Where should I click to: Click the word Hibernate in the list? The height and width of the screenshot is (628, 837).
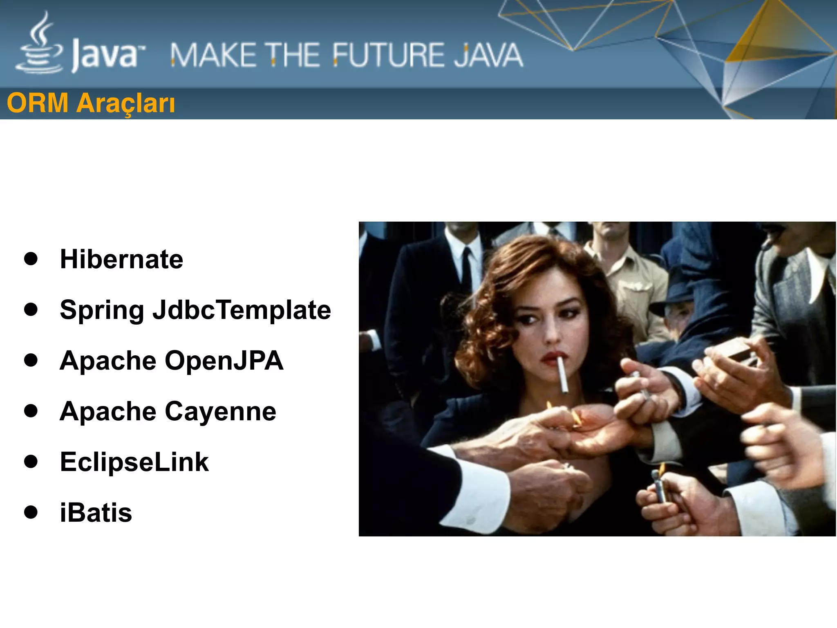121,259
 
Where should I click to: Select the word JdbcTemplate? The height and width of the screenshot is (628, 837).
242,310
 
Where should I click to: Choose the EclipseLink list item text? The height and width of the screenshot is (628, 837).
134,462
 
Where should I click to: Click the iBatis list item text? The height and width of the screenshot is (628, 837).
96,513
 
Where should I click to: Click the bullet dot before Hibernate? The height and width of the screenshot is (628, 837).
31,259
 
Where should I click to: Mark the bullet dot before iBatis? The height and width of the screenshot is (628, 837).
31,512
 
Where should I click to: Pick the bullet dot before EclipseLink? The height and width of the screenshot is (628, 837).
31,462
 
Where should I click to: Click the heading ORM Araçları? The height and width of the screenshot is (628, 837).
91,103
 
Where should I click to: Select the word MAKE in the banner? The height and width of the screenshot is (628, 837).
213,55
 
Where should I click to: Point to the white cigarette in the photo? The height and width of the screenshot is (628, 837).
563,374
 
